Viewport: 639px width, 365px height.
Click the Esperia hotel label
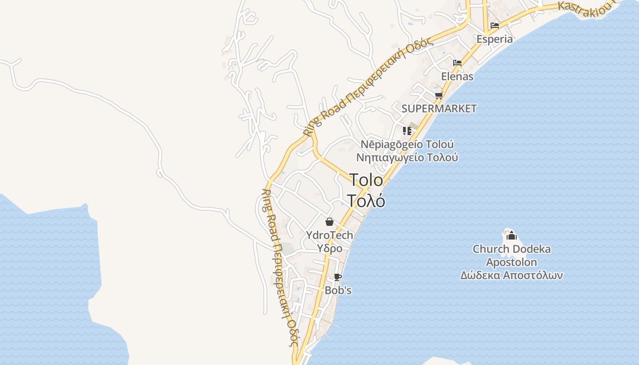tap(495, 39)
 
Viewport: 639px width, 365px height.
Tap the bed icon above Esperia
tap(495, 26)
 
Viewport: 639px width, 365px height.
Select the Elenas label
tap(457, 77)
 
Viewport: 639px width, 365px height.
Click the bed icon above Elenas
tap(457, 63)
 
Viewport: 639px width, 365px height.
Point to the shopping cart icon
tap(439, 95)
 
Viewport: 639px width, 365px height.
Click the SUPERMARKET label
tap(439, 109)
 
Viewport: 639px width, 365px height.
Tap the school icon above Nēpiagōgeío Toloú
tap(407, 131)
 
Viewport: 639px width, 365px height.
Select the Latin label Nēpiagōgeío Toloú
tap(407, 144)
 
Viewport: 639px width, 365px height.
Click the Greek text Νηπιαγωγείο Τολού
tap(407, 157)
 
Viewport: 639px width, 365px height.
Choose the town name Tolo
tap(366, 180)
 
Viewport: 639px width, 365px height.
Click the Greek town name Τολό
tap(366, 201)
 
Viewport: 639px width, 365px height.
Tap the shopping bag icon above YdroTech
tap(330, 222)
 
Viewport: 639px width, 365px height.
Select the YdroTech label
tap(330, 235)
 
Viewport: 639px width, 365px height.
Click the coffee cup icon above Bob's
tap(337, 277)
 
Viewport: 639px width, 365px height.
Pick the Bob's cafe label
tap(338, 290)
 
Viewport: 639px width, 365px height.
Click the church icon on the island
tap(511, 235)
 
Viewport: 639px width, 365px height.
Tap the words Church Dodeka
tap(511, 249)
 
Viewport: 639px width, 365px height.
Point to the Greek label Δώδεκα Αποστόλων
tap(511, 276)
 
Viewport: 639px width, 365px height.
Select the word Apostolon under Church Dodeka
tap(511, 262)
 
